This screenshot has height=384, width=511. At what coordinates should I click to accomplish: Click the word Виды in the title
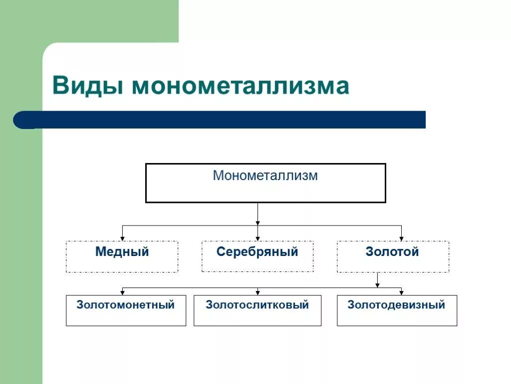tap(88, 86)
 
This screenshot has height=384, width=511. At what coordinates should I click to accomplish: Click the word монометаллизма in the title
tap(241, 86)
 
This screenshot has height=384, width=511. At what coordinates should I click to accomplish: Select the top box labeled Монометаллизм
tap(265, 183)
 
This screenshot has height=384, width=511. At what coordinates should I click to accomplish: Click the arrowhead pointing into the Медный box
tap(122, 238)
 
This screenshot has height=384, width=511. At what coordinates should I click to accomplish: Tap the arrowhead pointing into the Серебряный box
tap(257, 238)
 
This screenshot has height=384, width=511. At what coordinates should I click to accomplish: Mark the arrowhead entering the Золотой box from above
tap(401, 238)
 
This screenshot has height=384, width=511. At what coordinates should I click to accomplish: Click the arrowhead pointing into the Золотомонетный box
tap(122, 292)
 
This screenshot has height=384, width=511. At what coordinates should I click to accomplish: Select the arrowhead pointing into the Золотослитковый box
tap(257, 292)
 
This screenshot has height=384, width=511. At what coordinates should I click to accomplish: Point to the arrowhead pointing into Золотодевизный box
tap(401, 292)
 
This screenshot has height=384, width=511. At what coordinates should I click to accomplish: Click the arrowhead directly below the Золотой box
tap(377, 285)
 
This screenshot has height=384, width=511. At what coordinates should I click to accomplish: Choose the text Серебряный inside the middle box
tap(257, 252)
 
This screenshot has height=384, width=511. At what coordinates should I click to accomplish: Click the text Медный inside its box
tap(122, 252)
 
